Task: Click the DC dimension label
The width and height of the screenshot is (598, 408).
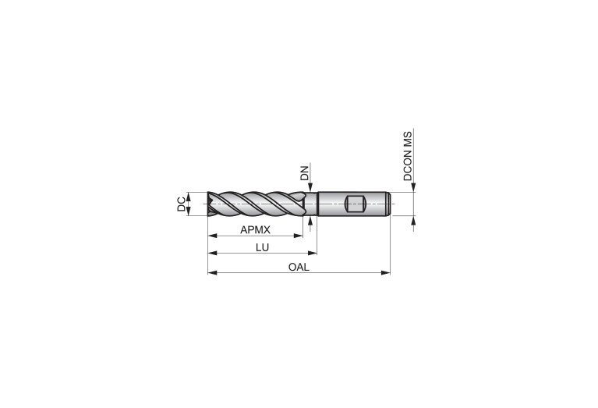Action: click(181, 204)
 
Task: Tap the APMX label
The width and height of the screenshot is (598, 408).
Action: click(255, 230)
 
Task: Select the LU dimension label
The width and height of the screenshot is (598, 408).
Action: click(263, 248)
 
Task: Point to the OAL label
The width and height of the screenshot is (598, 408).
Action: click(299, 267)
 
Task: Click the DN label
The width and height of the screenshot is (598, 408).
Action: click(304, 173)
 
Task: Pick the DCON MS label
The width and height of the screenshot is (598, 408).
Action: click(408, 156)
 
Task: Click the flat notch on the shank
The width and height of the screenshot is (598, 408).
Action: click(356, 204)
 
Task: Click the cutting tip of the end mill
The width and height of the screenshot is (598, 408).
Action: click(210, 204)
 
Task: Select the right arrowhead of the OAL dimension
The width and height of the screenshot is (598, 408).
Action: click(386, 272)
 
